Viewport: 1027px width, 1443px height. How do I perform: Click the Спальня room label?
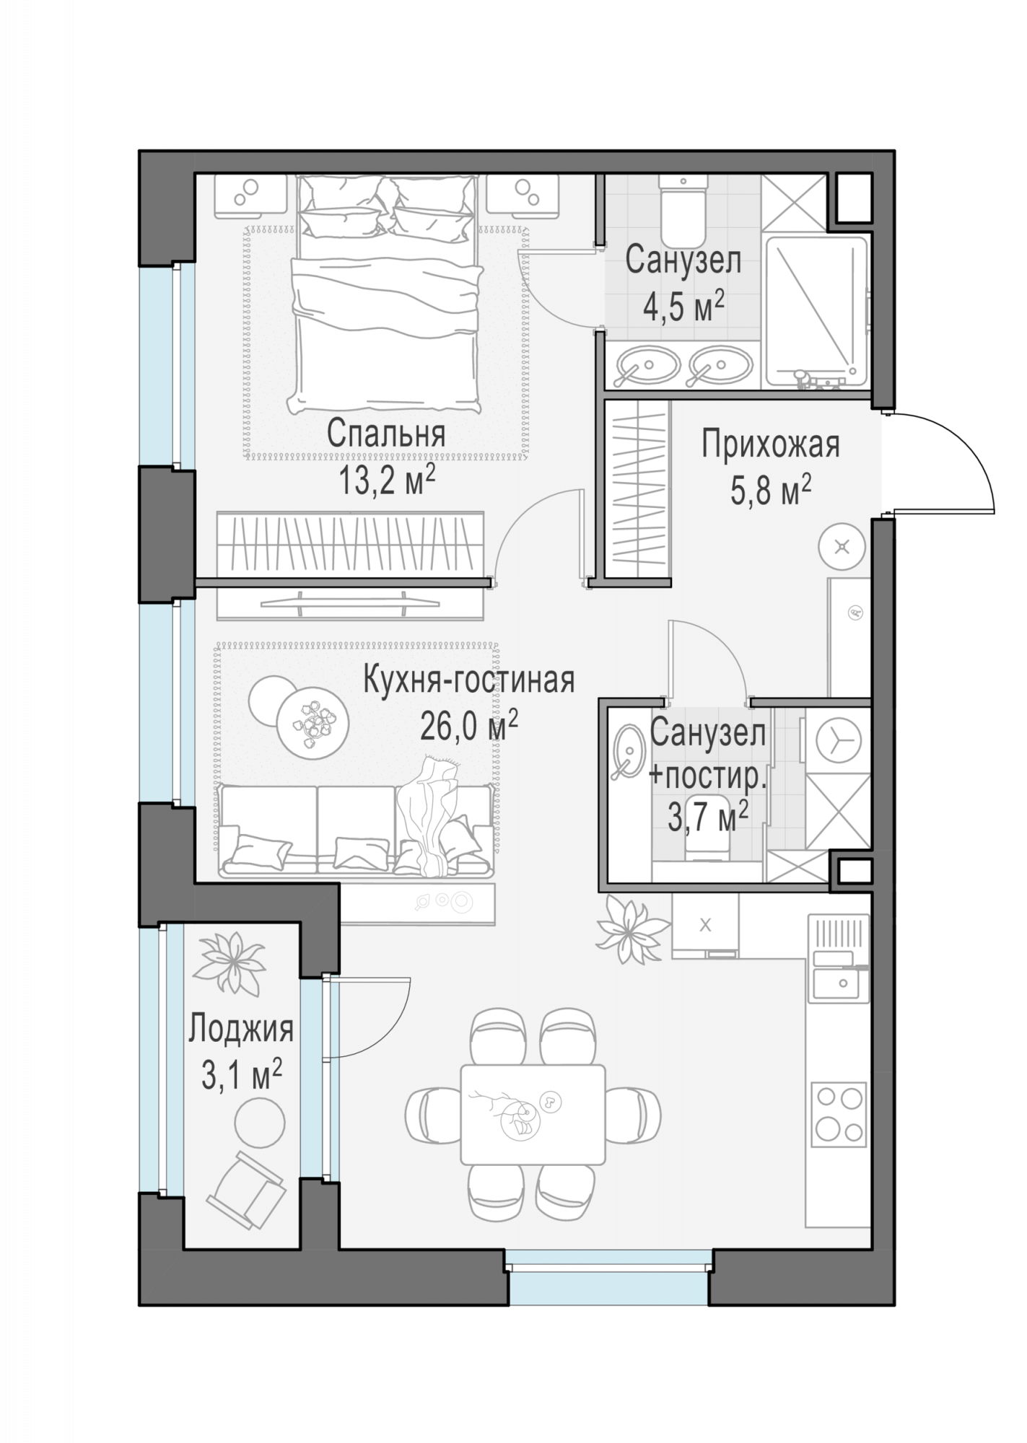[x=385, y=434]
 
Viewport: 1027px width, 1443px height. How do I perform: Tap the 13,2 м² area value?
[x=387, y=480]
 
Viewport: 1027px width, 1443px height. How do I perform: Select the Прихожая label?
[x=770, y=444]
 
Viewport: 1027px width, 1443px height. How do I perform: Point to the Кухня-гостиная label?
[x=469, y=680]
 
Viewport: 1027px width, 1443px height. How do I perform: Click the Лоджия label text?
[x=241, y=1030]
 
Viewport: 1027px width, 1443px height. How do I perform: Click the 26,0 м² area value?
[x=469, y=726]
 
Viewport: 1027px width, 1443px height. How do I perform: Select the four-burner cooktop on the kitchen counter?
[x=838, y=1114]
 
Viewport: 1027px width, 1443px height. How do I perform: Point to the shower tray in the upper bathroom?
[x=816, y=311]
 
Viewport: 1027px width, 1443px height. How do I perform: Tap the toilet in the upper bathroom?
[x=682, y=209]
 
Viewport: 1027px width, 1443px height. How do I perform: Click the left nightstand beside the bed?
[x=250, y=197]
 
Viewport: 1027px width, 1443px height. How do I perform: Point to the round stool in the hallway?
[x=842, y=546]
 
